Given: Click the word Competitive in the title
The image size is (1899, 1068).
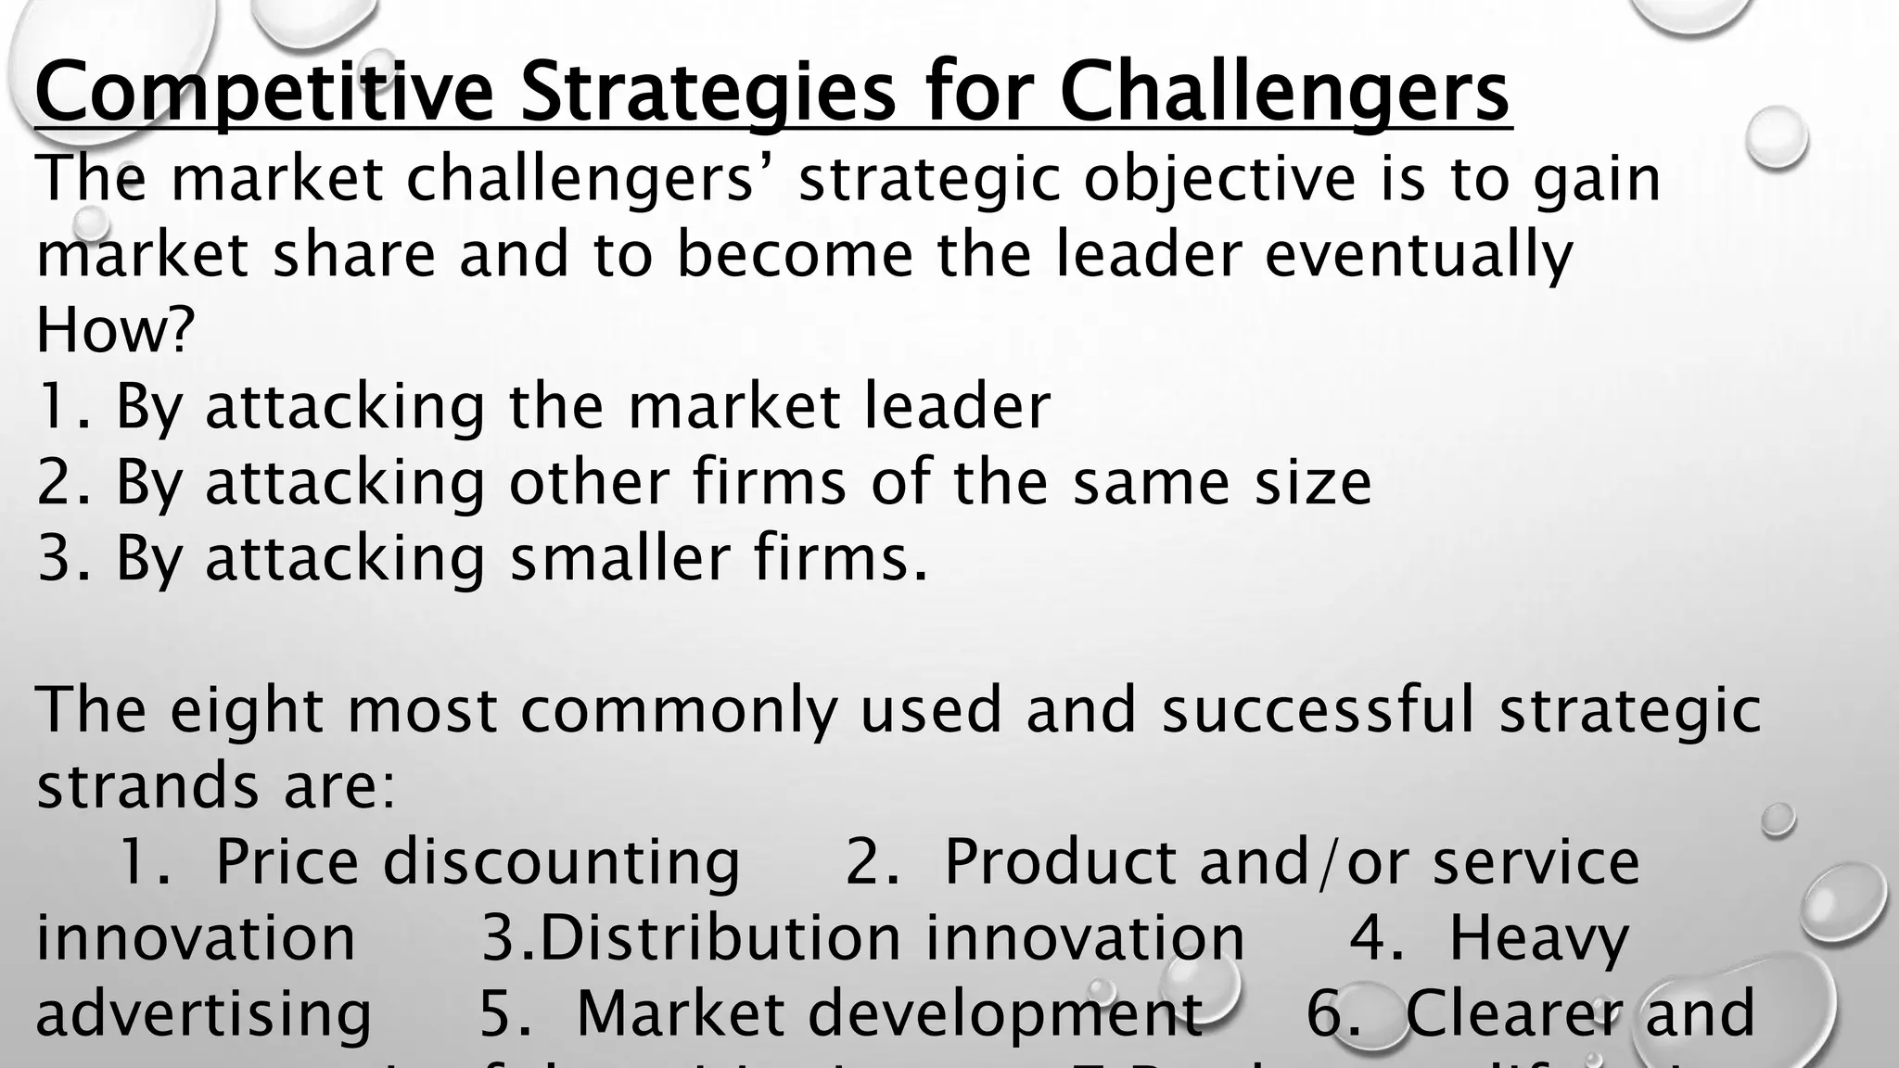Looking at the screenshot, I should click(264, 93).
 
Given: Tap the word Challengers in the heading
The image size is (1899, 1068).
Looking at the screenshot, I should click(1284, 93).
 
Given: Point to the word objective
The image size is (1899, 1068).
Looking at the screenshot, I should click(1219, 178).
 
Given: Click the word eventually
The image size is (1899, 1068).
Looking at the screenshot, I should click(1419, 254).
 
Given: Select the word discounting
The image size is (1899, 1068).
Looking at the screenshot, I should click(562, 861).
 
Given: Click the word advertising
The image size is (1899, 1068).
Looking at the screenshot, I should click(204, 1013).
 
